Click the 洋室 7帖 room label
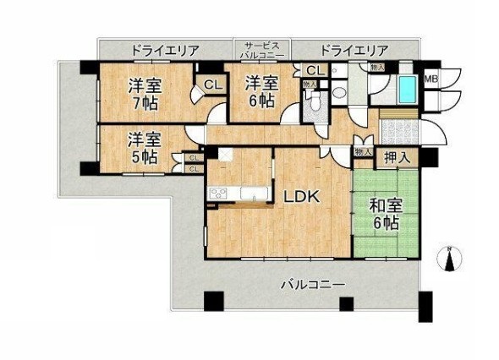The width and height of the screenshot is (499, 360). [x=145, y=95]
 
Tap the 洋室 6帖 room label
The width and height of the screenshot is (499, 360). [x=261, y=92]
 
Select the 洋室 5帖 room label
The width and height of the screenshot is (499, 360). [x=145, y=148]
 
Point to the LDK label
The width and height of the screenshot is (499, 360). [x=301, y=198]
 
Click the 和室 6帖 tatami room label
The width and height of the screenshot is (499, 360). [x=386, y=215]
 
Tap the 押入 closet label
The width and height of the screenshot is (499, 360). [x=397, y=158]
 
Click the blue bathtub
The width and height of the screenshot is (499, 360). [x=408, y=90]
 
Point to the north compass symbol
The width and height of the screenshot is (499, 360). [x=449, y=259]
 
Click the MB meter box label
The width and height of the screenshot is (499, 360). [x=430, y=79]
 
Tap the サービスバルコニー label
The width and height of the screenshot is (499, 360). [x=262, y=50]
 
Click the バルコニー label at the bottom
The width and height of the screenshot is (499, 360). [x=313, y=284]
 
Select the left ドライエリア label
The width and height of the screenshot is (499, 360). [x=166, y=51]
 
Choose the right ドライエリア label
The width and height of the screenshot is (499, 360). [x=354, y=50]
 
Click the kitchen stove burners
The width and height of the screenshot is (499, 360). [x=218, y=194]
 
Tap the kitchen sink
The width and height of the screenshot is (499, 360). [x=254, y=194]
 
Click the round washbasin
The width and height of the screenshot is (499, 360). [x=337, y=93]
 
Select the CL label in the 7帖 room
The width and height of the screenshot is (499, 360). [x=213, y=85]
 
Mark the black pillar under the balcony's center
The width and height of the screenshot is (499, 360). [x=347, y=303]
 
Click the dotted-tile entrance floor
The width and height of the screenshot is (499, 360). [x=400, y=132]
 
